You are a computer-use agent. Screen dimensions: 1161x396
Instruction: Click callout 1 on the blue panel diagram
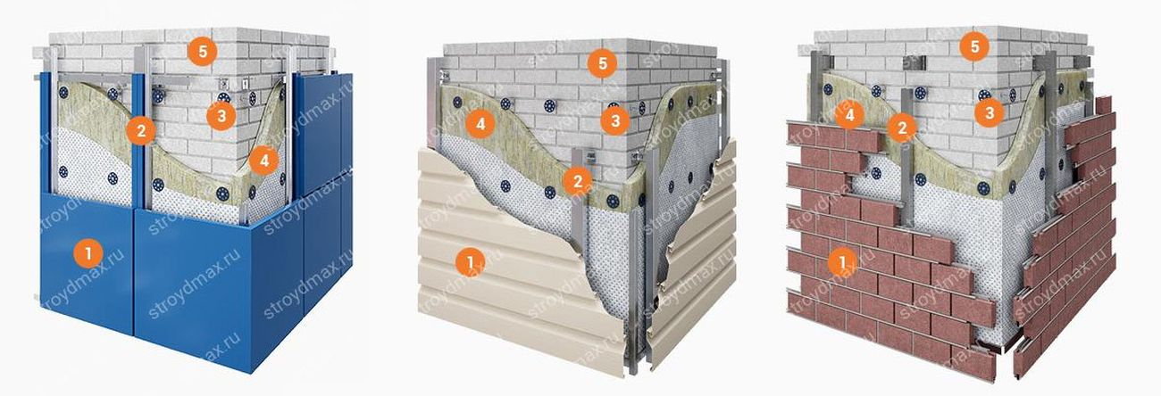click(88, 253)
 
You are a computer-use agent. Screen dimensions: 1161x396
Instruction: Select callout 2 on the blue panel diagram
click(140, 130)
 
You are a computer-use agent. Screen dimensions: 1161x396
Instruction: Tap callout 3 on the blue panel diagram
click(221, 115)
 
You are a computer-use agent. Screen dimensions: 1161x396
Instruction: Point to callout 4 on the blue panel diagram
click(263, 161)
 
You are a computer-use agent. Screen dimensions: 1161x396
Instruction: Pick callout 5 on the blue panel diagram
click(202, 51)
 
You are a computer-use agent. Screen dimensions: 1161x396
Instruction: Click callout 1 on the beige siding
click(470, 262)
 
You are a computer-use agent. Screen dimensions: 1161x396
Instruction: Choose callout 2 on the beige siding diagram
click(578, 181)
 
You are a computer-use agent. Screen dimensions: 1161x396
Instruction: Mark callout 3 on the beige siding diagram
click(615, 121)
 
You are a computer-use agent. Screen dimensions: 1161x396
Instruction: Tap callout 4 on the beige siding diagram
click(480, 124)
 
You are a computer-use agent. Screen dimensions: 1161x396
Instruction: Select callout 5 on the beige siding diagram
click(602, 63)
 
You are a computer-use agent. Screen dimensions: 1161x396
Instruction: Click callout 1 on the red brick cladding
click(842, 262)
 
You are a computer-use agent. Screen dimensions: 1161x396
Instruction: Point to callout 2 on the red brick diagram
click(902, 128)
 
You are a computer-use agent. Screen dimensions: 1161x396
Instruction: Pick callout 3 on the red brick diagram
click(989, 112)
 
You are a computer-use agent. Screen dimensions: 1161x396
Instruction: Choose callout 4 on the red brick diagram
click(849, 115)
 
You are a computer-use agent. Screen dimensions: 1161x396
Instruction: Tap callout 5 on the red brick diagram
click(974, 46)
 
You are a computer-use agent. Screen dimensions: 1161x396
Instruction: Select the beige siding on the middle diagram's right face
click(692, 269)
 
